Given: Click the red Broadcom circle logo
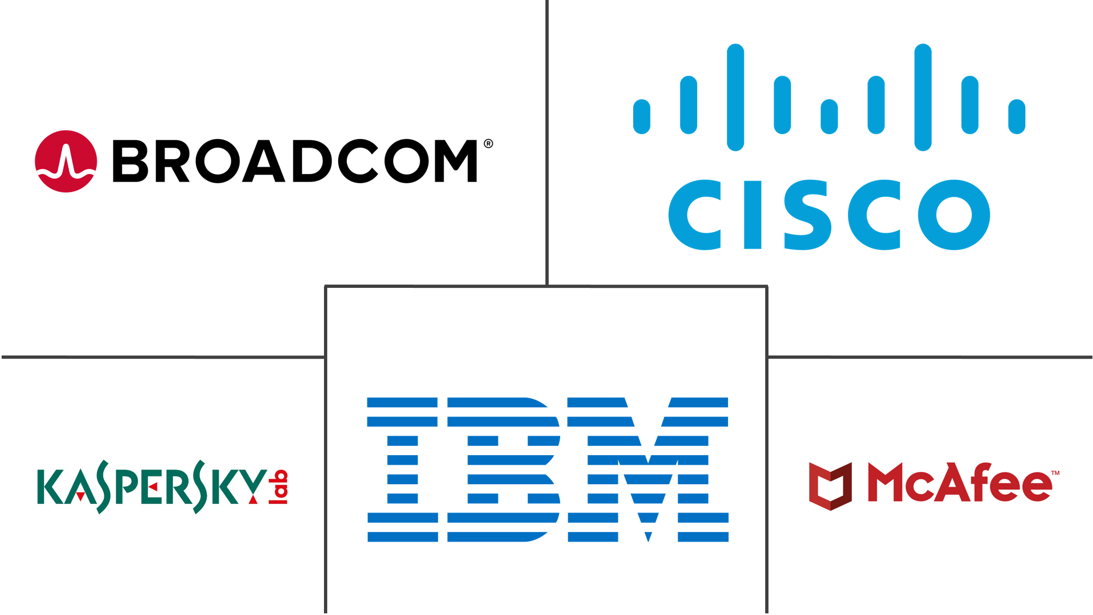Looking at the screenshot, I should pos(66,161).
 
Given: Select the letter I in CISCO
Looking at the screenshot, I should pos(752,215).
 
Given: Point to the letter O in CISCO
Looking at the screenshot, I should pos(954,215).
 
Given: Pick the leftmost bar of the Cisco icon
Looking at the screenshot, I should pos(642,116).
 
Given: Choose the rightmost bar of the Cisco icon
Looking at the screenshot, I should pos(1017,116).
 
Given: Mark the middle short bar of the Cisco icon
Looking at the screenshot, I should pos(829,116).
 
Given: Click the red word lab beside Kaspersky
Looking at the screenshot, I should pos(280,486).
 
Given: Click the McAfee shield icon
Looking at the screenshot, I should pos(830,486).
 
